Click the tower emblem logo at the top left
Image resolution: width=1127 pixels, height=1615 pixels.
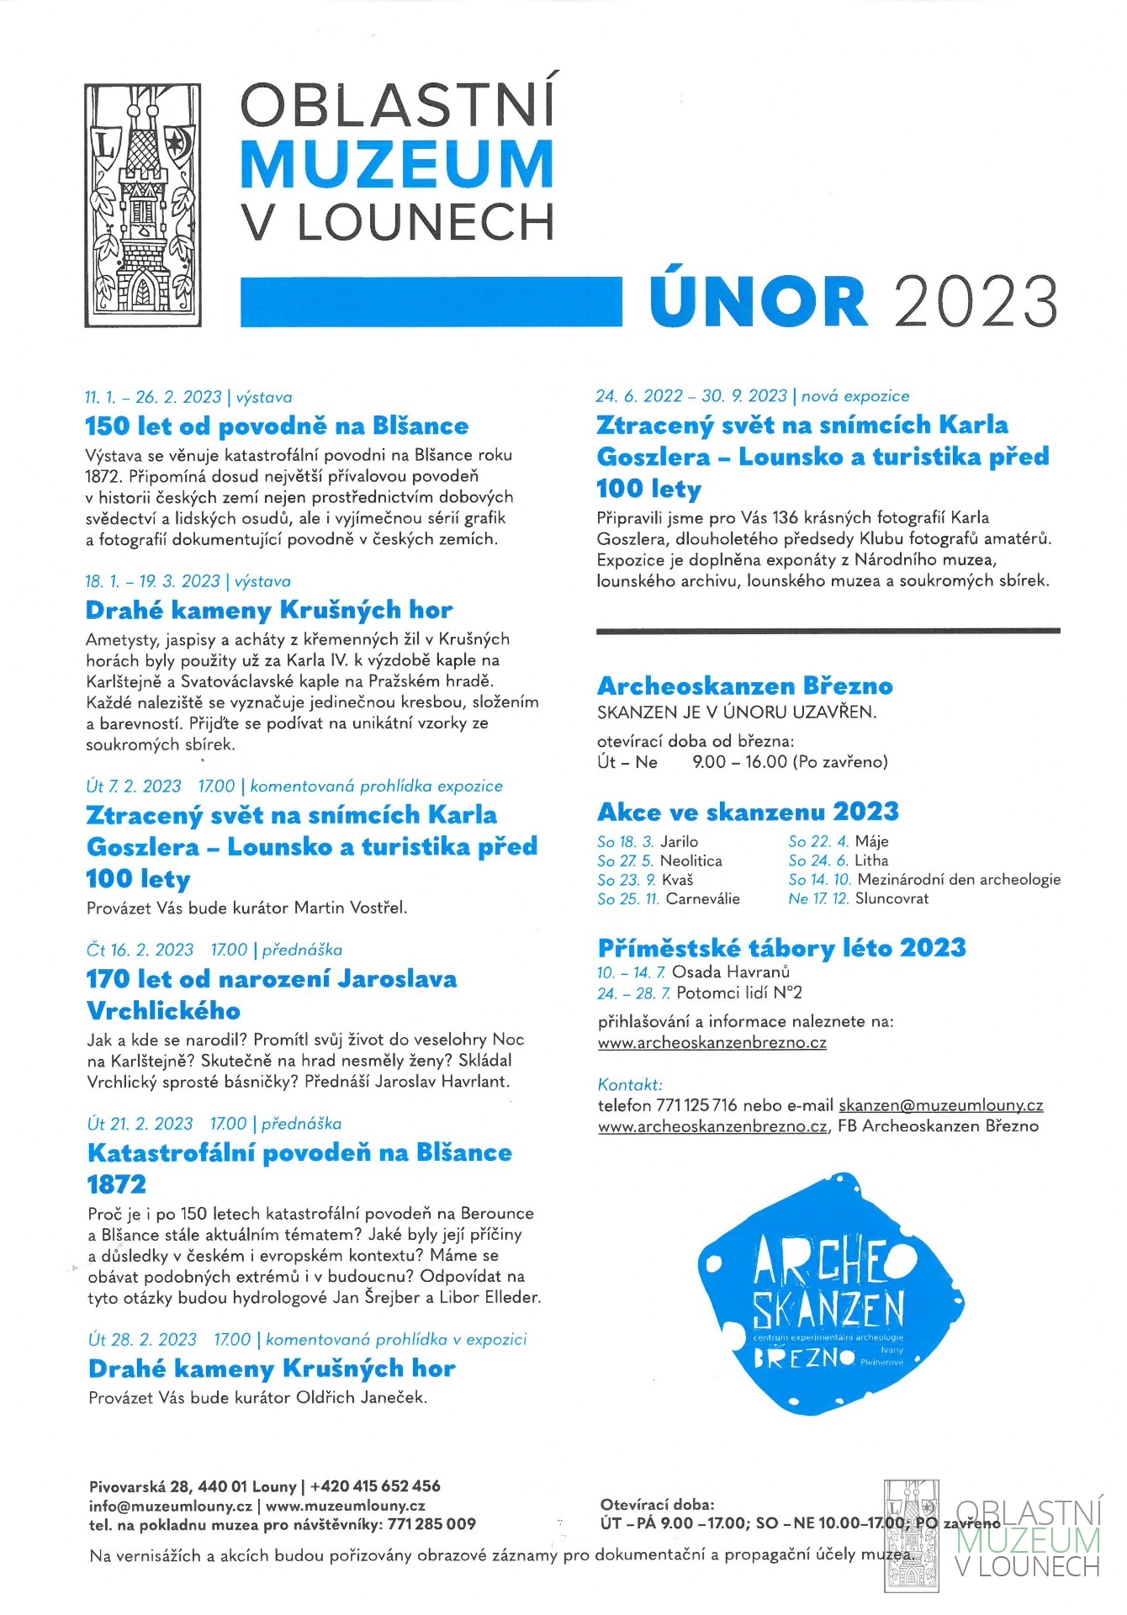143,204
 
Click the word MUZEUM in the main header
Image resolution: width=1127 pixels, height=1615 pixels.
396,165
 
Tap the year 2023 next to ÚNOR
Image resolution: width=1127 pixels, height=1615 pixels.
976,301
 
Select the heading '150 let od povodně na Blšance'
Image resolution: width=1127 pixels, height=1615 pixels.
277,426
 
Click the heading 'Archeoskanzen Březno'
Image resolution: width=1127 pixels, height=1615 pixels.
744,686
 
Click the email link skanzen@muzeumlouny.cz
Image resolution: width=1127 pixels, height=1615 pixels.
940,1105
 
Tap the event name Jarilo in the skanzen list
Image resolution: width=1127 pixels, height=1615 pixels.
679,841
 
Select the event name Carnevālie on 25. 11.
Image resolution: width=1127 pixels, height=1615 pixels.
702,898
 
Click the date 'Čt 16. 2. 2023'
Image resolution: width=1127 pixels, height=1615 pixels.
140,950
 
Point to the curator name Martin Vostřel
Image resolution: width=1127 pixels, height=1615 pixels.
350,908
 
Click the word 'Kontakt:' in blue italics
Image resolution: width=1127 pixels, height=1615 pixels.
630,1084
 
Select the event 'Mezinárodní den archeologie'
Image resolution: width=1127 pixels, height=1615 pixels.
959,879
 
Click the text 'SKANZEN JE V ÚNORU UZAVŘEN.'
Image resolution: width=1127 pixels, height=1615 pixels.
737,712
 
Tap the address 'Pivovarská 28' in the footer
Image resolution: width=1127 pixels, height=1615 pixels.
140,1486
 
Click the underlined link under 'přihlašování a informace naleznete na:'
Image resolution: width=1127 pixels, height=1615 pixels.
712,1043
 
